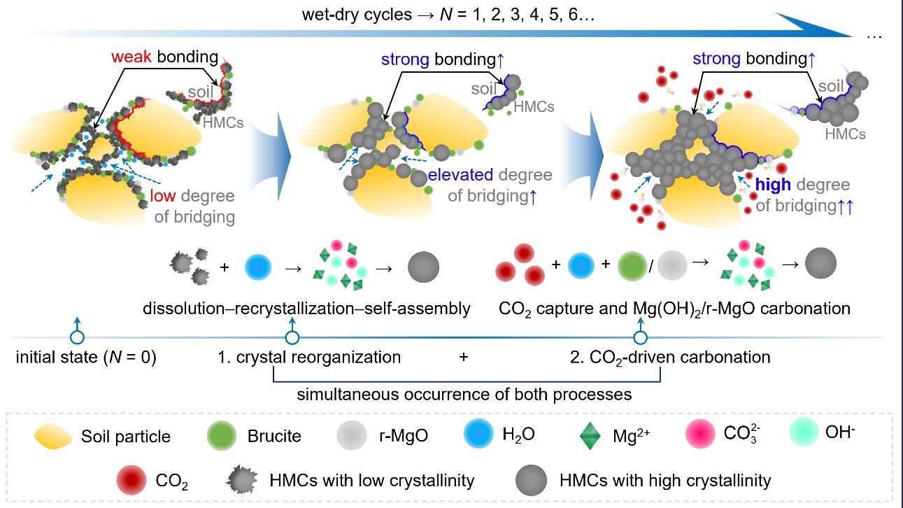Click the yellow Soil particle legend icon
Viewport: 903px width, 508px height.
point(53,437)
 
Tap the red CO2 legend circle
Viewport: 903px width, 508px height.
point(132,481)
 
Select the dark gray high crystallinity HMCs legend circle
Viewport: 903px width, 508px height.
point(530,481)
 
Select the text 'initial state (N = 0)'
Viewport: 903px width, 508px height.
point(85,358)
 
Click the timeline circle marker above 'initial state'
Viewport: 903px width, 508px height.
point(77,337)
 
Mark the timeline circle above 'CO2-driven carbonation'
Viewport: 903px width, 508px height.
point(639,337)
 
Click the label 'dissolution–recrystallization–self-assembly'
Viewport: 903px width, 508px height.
point(306,309)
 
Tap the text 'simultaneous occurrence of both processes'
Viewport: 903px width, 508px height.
point(464,394)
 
